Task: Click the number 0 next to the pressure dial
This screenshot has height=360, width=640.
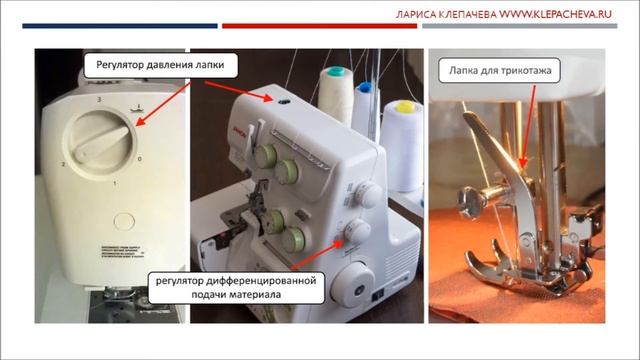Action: (139, 159)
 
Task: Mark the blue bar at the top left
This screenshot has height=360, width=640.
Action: (110, 26)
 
